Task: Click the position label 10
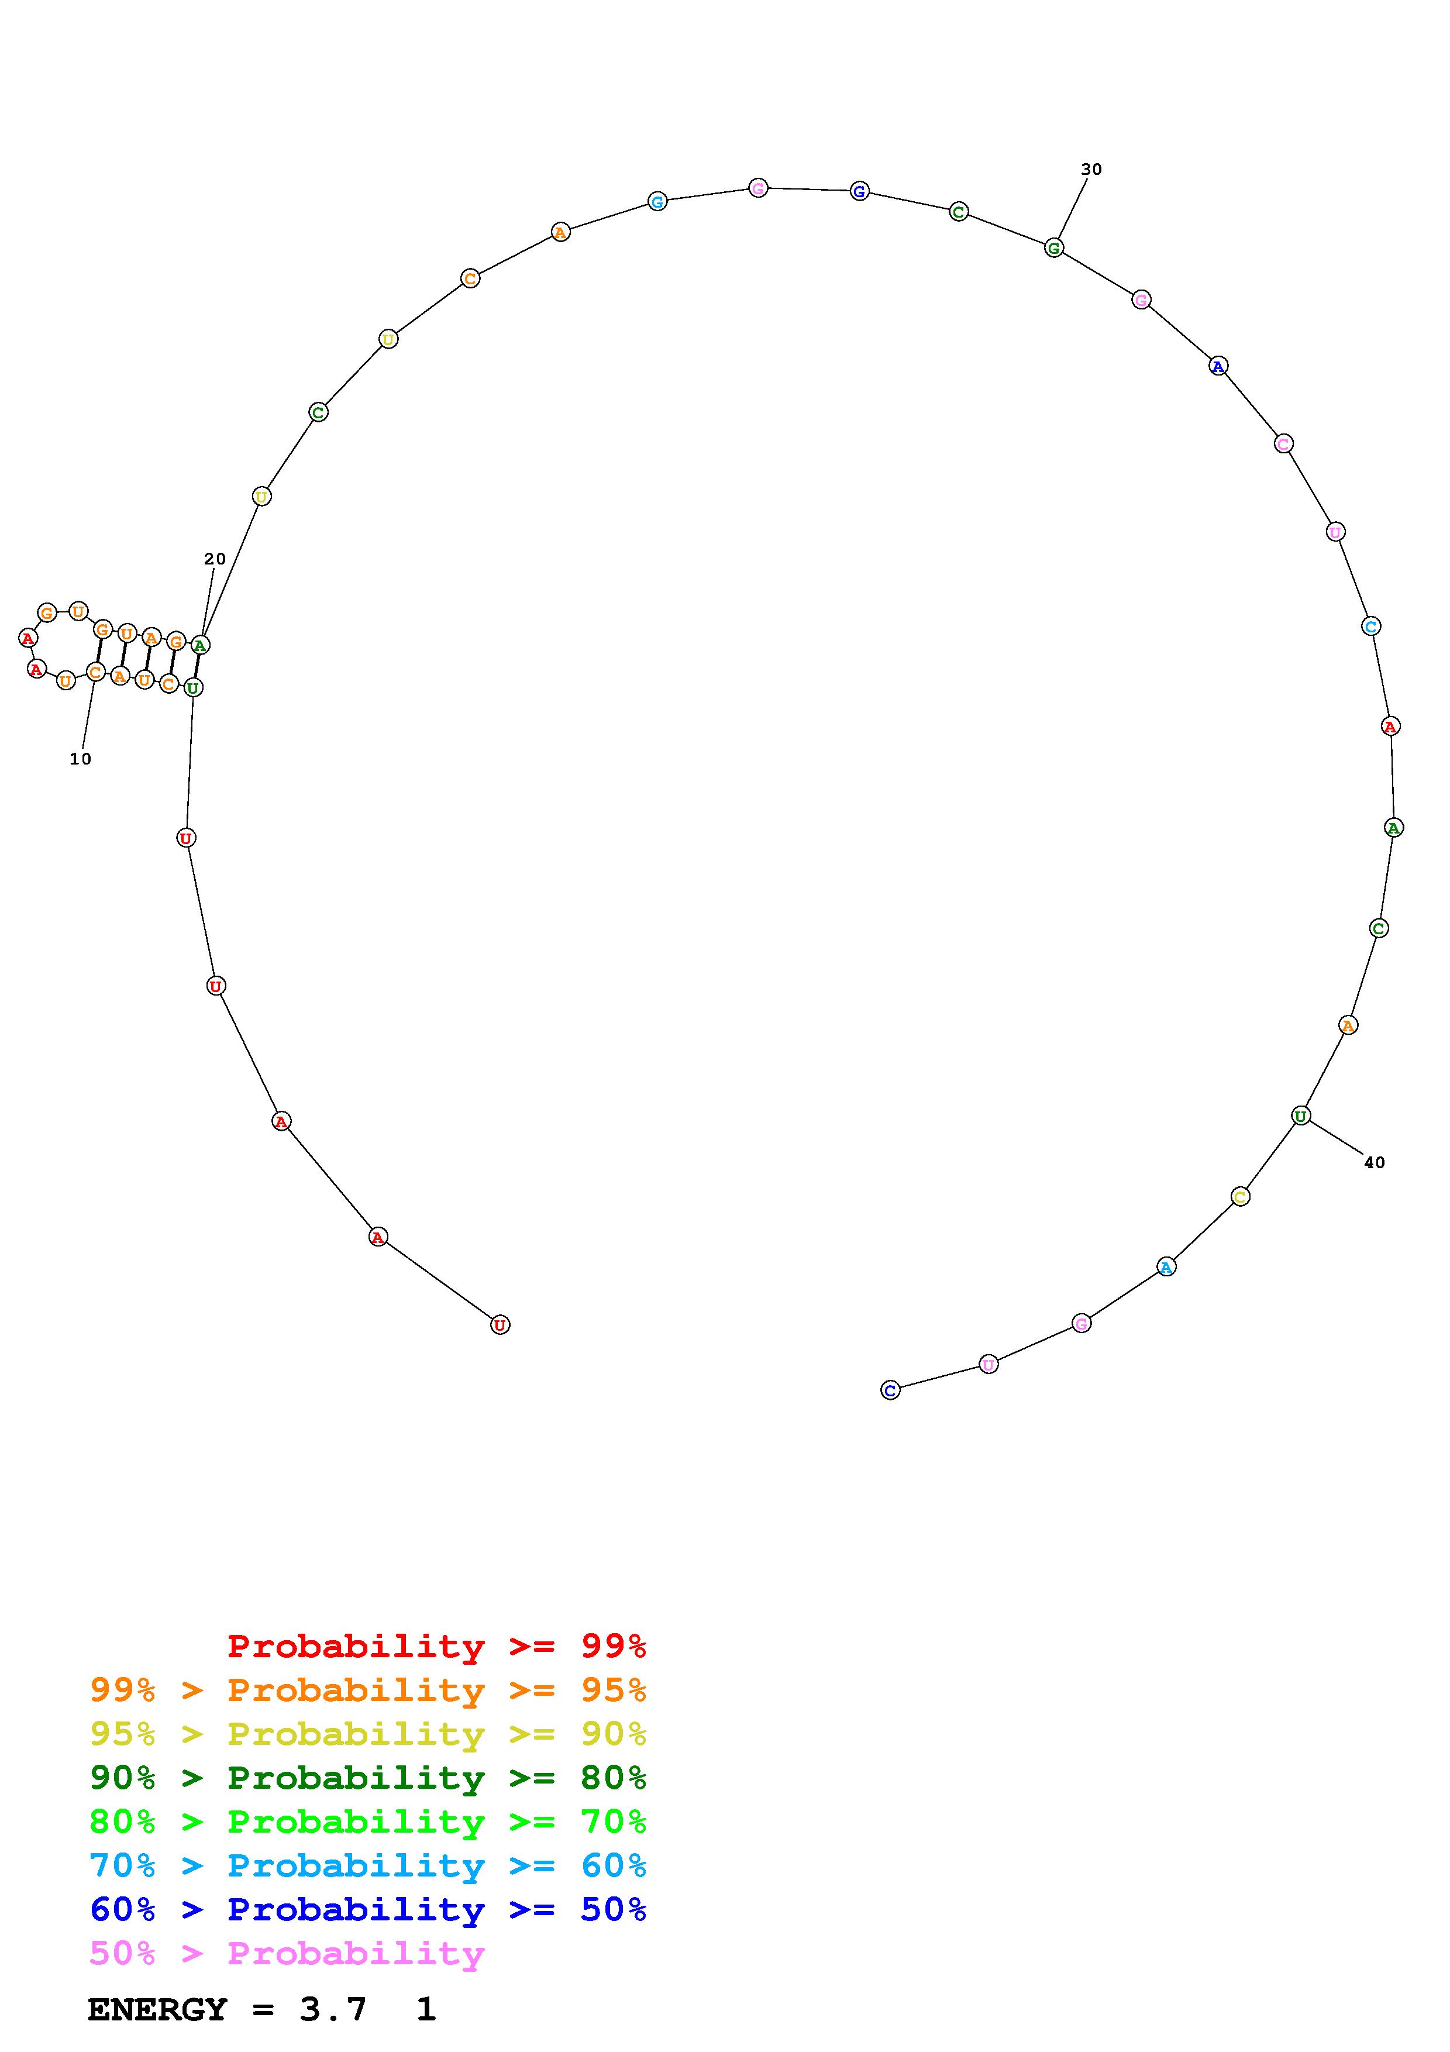point(80,759)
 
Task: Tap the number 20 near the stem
point(215,559)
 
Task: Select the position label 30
point(1091,169)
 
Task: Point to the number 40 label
point(1374,1163)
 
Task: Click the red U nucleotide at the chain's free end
point(500,1325)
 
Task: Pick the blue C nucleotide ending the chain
point(890,1390)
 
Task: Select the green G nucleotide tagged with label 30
point(1054,247)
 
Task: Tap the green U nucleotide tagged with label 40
point(1301,1115)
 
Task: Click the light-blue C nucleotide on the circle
point(1372,626)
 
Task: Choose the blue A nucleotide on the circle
point(1218,366)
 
